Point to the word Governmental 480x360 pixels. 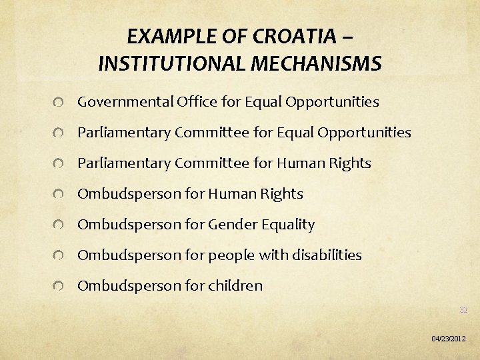[x=125, y=102]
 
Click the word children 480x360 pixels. [x=235, y=286]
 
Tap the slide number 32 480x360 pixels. [x=463, y=310]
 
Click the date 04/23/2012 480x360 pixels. [x=449, y=339]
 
